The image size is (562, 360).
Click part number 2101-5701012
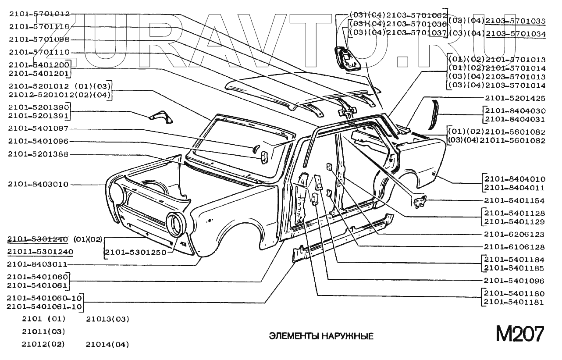pos(39,14)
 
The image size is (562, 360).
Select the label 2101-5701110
pos(39,53)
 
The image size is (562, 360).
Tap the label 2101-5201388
pos(39,154)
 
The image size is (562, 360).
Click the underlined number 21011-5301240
pos(40,251)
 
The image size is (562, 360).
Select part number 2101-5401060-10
pos(44,298)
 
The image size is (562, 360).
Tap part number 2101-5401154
pos(515,201)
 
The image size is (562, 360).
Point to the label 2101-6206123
pos(515,235)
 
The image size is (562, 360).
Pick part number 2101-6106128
pos(515,247)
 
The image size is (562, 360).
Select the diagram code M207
pos(520,334)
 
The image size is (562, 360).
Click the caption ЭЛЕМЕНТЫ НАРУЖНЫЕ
pos(321,336)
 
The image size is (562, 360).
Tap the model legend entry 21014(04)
pos(107,344)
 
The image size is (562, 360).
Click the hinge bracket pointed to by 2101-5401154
pos(420,201)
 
